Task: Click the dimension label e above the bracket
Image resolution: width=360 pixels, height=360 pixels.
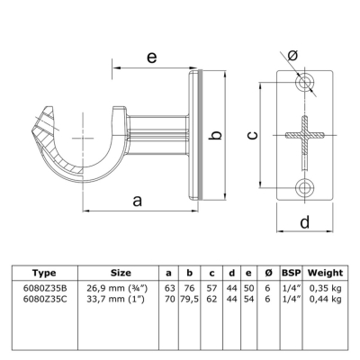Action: pyautogui.click(x=152, y=57)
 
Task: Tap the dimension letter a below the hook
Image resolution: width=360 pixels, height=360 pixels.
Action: pyautogui.click(x=137, y=201)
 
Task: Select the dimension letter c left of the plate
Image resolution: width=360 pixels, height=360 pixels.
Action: pyautogui.click(x=253, y=135)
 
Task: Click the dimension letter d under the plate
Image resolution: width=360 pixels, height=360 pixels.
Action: pyautogui.click(x=305, y=222)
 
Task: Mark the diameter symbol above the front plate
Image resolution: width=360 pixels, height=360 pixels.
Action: pyautogui.click(x=292, y=55)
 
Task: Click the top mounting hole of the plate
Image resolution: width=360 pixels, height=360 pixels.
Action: pyautogui.click(x=305, y=82)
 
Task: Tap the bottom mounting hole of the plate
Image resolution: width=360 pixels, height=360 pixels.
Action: pyautogui.click(x=305, y=188)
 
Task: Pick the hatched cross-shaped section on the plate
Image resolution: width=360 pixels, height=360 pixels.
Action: pyautogui.click(x=305, y=135)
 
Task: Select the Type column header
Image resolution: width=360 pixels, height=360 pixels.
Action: pyautogui.click(x=44, y=273)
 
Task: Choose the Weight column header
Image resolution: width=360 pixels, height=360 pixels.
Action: pyautogui.click(x=325, y=273)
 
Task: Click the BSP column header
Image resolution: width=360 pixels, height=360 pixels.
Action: pyautogui.click(x=291, y=273)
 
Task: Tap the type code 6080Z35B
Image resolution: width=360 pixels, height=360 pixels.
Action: pyautogui.click(x=45, y=288)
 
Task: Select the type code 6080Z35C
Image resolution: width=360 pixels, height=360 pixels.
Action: pyautogui.click(x=45, y=299)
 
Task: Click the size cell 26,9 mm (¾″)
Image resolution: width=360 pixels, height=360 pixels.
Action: pyautogui.click(x=117, y=289)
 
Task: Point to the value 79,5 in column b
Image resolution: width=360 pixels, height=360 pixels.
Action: pyautogui.click(x=190, y=300)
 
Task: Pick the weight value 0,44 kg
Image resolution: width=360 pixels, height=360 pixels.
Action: pyautogui.click(x=326, y=300)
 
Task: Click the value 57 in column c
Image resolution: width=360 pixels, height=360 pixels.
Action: pyautogui.click(x=211, y=288)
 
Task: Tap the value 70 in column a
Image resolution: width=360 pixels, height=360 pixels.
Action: pyautogui.click(x=170, y=299)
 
